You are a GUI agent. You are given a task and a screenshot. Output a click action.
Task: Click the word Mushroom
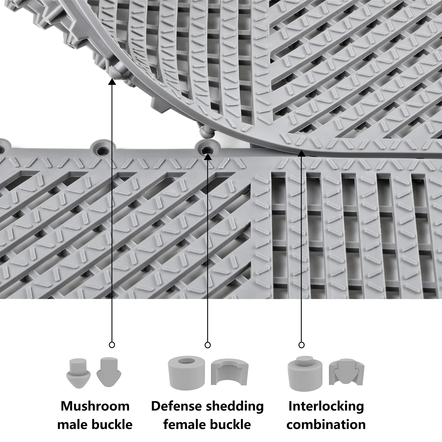(x=95, y=406)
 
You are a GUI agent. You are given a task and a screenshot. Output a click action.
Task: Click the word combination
(x=326, y=425)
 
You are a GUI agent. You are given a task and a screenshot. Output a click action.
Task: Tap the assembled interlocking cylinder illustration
(x=305, y=374)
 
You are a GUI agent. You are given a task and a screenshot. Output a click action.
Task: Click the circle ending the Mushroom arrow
(x=112, y=345)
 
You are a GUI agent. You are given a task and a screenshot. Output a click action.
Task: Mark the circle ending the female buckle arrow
(x=208, y=345)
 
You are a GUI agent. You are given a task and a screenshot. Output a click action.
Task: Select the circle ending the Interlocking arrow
(x=302, y=345)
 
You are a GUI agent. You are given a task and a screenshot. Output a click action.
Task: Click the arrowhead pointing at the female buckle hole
(x=208, y=157)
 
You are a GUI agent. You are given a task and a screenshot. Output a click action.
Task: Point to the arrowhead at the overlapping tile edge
(x=302, y=153)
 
